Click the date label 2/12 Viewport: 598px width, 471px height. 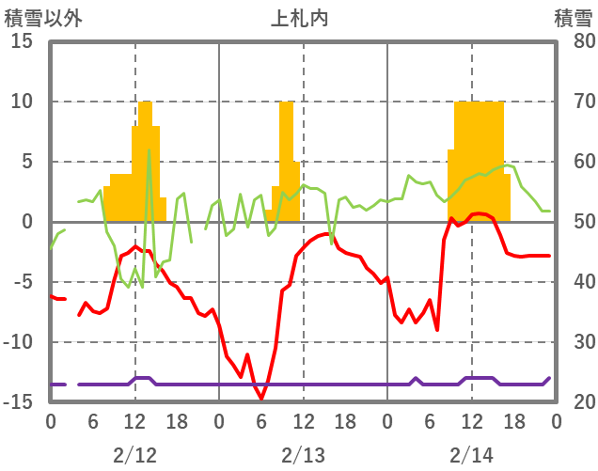coord(134,456)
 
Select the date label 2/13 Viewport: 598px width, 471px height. coord(303,456)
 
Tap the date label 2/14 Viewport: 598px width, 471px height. coord(471,456)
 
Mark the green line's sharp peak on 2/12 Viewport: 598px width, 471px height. coord(149,150)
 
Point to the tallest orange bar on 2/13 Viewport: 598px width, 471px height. coord(286,160)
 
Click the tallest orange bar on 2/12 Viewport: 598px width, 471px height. coord(145,160)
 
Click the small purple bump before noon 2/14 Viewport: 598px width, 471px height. coord(416,379)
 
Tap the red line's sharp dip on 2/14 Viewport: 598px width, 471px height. coord(437,329)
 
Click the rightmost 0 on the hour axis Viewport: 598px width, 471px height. coord(556,421)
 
